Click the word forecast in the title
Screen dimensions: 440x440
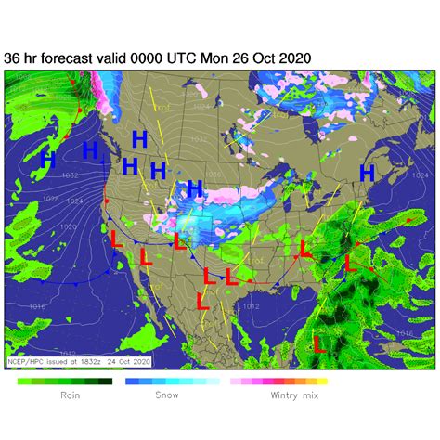65,58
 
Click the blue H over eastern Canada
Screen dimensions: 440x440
368,172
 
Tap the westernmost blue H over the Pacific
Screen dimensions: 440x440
49,160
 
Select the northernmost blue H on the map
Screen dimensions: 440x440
139,139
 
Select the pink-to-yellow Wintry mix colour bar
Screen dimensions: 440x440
278,382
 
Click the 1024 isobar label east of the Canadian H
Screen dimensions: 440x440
420,175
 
